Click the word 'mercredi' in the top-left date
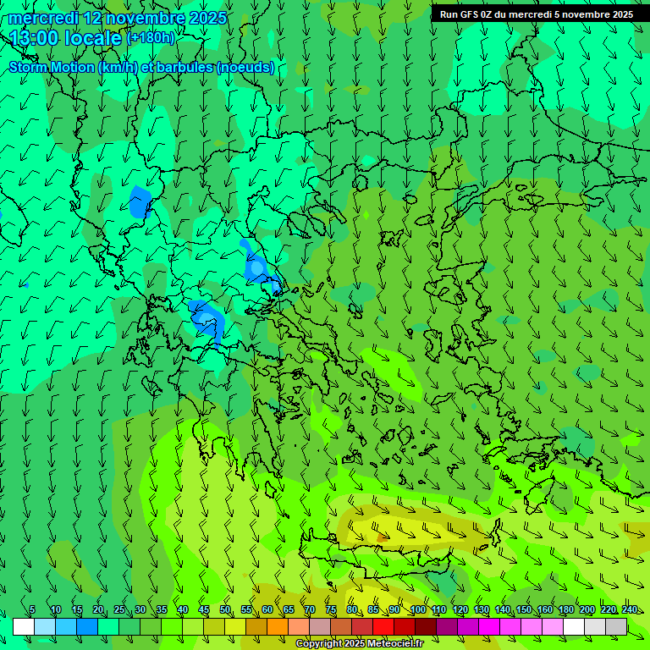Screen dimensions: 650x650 pos(43,18)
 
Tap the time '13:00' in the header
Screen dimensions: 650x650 pos(35,38)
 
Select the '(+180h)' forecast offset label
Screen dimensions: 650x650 pos(151,38)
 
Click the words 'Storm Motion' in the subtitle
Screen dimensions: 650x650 pos(52,68)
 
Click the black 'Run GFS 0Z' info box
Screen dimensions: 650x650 pos(536,14)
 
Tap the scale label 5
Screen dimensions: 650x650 pos(32,610)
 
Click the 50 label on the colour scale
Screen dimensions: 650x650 pos(225,610)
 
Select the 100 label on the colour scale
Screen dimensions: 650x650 pos(417,610)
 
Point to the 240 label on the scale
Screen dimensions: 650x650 pos(629,610)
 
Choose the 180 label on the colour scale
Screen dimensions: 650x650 pos(565,610)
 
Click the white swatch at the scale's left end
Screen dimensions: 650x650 pos(24,626)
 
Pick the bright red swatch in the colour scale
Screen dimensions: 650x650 pos(383,626)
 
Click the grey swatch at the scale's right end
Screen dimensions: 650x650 pos(616,626)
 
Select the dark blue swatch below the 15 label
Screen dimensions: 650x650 pos(87,626)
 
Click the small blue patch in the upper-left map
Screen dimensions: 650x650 pos(140,202)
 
